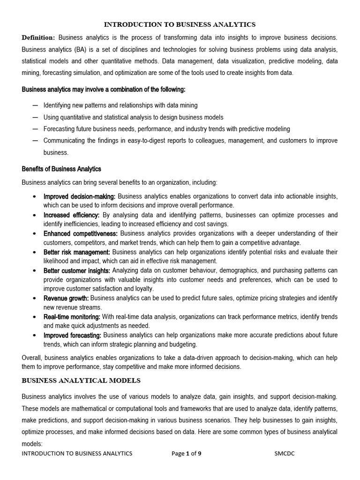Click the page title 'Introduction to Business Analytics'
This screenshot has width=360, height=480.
tap(180, 24)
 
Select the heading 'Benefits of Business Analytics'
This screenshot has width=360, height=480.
tap(61, 169)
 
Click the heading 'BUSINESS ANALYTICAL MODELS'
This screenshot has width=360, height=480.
tap(81, 380)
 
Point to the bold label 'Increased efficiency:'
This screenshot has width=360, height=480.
tap(71, 215)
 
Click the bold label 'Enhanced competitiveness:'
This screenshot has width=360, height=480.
tap(81, 233)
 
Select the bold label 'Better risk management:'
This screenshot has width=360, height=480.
tap(77, 252)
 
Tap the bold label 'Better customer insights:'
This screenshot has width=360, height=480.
tap(77, 270)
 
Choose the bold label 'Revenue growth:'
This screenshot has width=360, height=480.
tap(66, 298)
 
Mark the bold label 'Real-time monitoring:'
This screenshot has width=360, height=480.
tap(72, 317)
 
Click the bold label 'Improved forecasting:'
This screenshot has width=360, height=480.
tap(72, 335)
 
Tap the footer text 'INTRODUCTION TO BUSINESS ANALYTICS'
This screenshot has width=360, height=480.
tap(77, 453)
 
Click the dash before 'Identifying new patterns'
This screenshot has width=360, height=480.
tap(35, 105)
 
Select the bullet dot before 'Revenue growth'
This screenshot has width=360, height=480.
tap(35, 298)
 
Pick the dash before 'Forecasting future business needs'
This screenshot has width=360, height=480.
tap(35, 128)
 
